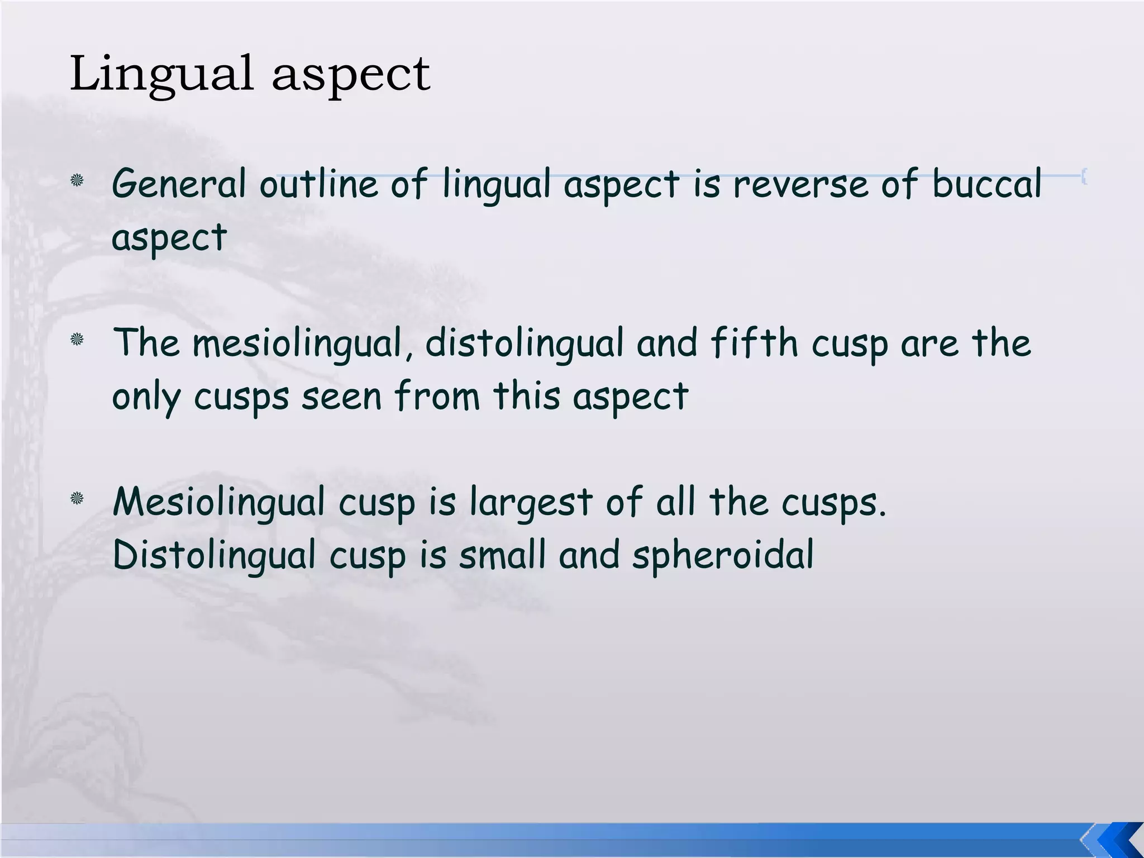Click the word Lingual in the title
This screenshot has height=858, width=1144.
pyautogui.click(x=161, y=75)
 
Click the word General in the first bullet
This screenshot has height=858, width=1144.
pyautogui.click(x=179, y=184)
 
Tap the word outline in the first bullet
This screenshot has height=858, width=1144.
pyautogui.click(x=318, y=184)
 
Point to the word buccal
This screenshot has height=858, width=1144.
pyautogui.click(x=986, y=184)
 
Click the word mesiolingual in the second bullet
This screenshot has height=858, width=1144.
pyautogui.click(x=297, y=343)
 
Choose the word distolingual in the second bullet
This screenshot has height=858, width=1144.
pyautogui.click(x=524, y=343)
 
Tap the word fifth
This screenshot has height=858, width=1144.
pyautogui.click(x=754, y=343)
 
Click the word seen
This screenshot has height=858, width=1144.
pyautogui.click(x=341, y=397)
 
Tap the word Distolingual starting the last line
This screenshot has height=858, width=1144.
pyautogui.click(x=214, y=555)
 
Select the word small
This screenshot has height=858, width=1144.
pyautogui.click(x=502, y=555)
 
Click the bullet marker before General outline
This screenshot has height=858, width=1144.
pyautogui.click(x=77, y=180)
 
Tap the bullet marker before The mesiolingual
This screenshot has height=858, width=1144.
pyautogui.click(x=77, y=339)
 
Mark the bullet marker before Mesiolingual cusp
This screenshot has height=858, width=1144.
pyautogui.click(x=77, y=498)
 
